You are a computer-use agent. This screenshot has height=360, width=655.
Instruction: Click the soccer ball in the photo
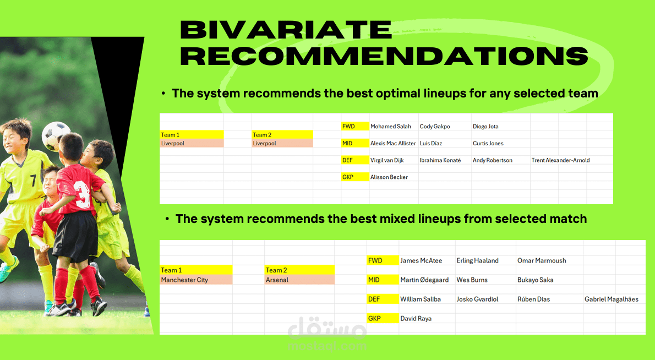tap(56, 135)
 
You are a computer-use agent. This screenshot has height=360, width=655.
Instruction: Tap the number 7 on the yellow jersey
tap(34, 181)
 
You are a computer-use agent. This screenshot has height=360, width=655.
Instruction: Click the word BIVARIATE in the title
tap(286, 29)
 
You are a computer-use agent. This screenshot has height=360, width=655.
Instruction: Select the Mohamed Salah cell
tap(394, 126)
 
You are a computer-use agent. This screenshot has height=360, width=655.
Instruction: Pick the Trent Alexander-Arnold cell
tap(560, 160)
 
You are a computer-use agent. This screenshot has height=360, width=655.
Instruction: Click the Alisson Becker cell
tap(394, 177)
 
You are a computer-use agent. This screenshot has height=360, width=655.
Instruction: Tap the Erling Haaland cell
tap(485, 260)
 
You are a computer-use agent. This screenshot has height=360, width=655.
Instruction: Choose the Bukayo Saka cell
tap(549, 280)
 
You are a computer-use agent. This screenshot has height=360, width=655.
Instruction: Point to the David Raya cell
tap(427, 318)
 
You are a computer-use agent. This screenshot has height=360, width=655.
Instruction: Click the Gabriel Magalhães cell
tap(612, 299)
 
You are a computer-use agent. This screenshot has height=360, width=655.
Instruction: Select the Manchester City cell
tap(196, 280)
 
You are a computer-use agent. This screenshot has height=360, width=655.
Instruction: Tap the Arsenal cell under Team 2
tap(299, 280)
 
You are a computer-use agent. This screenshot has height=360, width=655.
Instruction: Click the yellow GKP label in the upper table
tap(354, 177)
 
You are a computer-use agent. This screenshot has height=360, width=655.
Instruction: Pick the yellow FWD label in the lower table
tap(383, 260)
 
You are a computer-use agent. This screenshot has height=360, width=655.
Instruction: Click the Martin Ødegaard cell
tap(427, 280)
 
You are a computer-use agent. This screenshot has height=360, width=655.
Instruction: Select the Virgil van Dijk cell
tap(394, 160)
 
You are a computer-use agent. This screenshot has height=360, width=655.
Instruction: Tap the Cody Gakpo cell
tap(445, 126)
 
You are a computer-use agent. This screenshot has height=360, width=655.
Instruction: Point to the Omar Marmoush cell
tap(549, 260)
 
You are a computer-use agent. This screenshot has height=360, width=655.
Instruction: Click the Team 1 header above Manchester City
tap(196, 270)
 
